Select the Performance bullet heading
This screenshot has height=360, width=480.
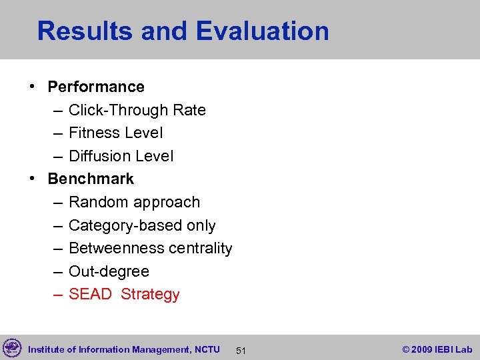[x=96, y=87]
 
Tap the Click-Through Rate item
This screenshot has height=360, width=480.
[x=137, y=110]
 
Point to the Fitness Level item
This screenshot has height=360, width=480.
[x=115, y=133]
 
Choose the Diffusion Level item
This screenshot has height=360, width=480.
[x=121, y=156]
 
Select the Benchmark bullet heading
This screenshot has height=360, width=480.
[x=91, y=179]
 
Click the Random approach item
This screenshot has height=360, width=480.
[x=134, y=202]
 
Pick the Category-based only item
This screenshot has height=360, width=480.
[x=142, y=225]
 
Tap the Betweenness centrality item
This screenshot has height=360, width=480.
[x=150, y=248]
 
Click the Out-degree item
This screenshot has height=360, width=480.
[x=109, y=271]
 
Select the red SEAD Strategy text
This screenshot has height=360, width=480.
[x=124, y=294]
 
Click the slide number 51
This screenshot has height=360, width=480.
[x=242, y=350]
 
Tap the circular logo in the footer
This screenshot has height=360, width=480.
[x=12, y=348]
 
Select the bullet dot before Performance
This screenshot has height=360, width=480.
[x=32, y=87]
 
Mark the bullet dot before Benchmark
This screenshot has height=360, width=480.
[x=32, y=179]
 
